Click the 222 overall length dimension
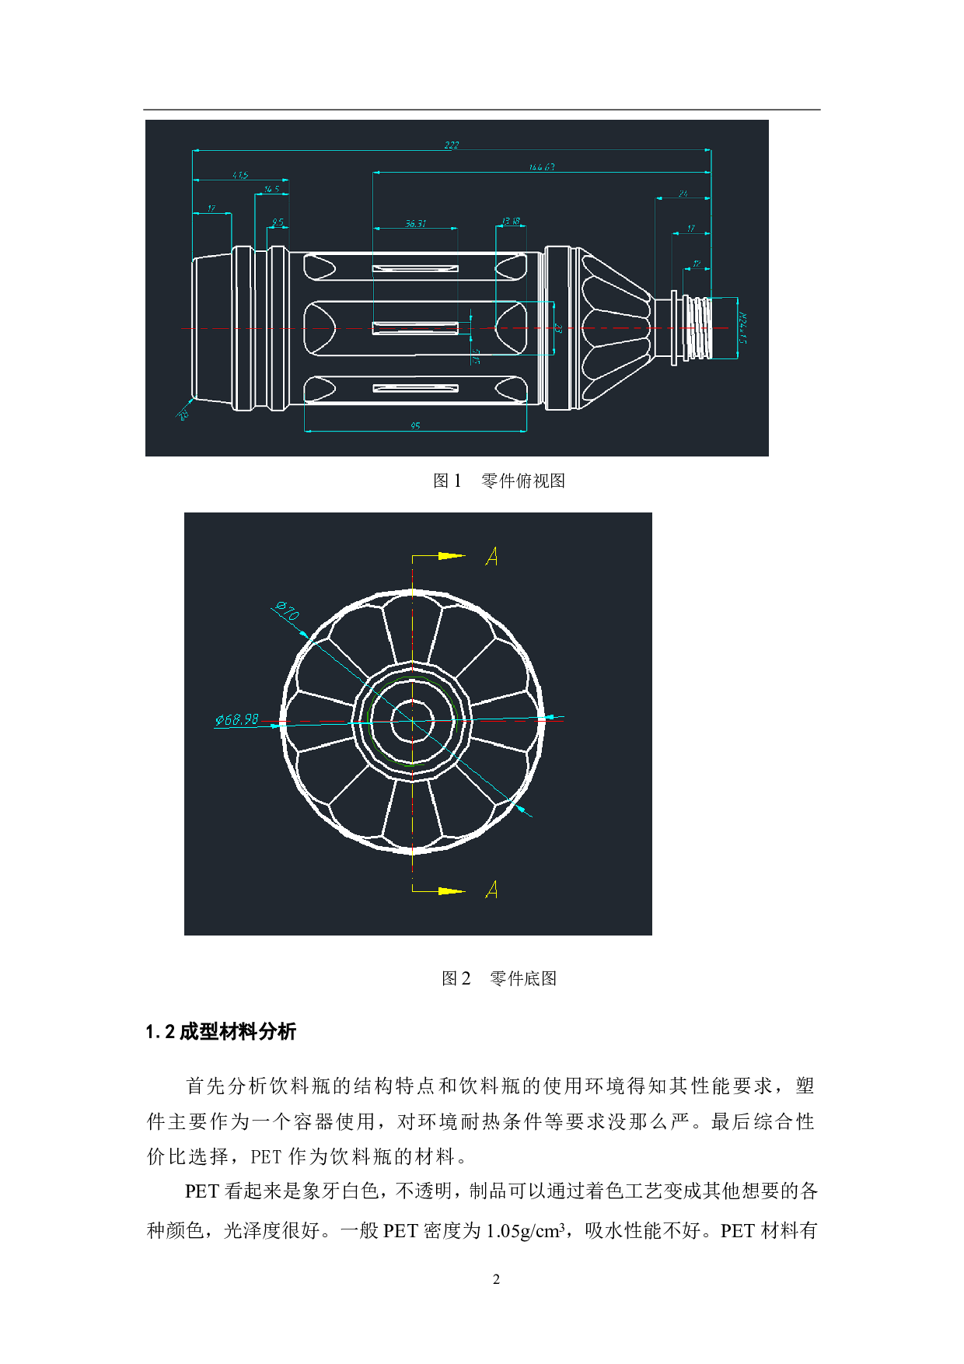452,145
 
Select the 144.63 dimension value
542,167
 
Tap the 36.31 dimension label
415,223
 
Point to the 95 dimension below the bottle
415,425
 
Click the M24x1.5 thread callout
742,328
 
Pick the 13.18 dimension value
511,222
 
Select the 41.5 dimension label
240,175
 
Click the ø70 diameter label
287,611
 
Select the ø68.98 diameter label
237,719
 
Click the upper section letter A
491,556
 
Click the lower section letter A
491,889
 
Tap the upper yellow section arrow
451,556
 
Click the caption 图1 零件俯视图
498,481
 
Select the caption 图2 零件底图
498,978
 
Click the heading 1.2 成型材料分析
221,1032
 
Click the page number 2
496,1279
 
